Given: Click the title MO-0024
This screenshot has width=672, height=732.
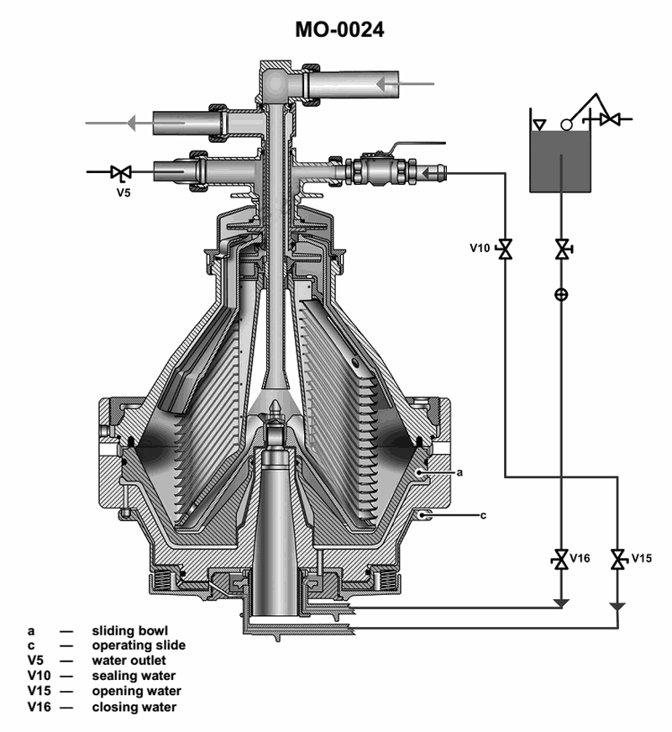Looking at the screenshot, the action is coord(339,30).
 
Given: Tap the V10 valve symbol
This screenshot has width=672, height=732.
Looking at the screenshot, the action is coord(505,249).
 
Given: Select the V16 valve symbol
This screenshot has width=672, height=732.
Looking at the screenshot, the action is coord(560,559).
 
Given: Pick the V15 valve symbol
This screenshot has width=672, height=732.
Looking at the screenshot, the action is coord(619,559).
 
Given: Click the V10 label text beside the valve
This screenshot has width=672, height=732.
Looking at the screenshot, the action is coord(480,248).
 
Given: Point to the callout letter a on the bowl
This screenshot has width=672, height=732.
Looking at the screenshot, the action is coord(459,472).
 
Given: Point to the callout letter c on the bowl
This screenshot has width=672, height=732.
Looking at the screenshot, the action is coord(483,515).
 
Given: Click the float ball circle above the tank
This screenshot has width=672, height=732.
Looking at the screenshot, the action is coord(565,124).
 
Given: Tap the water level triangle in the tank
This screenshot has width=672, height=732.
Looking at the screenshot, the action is coord(539,124).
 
